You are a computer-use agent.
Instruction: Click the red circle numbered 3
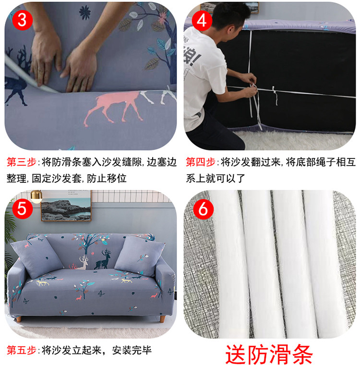(22, 20)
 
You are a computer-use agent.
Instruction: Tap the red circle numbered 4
(202, 21)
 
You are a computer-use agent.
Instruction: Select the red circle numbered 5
(22, 209)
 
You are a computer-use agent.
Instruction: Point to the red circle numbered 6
(204, 209)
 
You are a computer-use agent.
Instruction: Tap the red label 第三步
(22, 162)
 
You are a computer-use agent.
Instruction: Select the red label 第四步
(201, 162)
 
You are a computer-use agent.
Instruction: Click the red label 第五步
(22, 350)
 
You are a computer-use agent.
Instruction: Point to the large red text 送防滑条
(269, 355)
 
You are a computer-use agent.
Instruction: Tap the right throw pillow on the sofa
(140, 256)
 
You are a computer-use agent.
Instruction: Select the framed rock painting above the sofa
(66, 206)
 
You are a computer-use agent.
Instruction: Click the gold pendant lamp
(36, 196)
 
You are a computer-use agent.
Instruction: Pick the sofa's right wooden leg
(162, 319)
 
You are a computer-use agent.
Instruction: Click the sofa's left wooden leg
(19, 319)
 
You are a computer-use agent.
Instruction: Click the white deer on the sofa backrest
(84, 263)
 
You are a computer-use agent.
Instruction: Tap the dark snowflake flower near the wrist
(85, 12)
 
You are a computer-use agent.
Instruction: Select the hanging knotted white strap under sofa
(275, 95)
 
